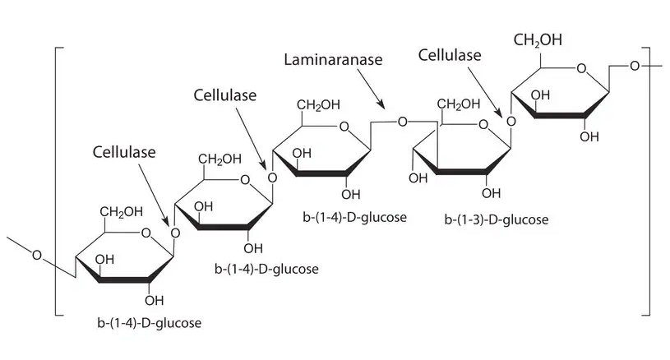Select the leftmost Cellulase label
click(x=123, y=152)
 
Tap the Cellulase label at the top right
click(x=450, y=54)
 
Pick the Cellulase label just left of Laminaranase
click(x=225, y=95)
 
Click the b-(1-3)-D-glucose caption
click(x=496, y=219)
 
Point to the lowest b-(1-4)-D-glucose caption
click(x=148, y=322)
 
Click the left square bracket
click(x=57, y=181)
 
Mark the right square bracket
click(x=648, y=181)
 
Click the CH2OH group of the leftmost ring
click(x=122, y=214)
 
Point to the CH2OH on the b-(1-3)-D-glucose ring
click(x=458, y=104)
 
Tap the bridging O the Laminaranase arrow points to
click(x=402, y=122)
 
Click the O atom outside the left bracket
click(x=36, y=254)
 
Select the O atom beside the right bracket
click(x=635, y=65)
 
